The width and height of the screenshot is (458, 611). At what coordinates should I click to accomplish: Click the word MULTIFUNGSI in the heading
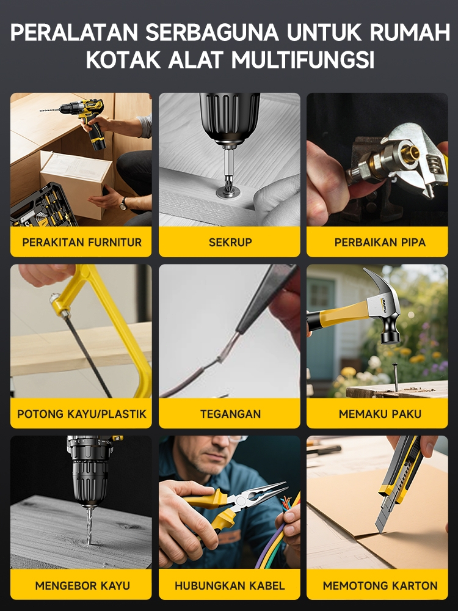point(303,60)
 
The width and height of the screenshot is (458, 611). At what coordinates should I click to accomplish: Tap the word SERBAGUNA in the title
point(213,32)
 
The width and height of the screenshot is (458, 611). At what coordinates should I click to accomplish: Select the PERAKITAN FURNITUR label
point(82,242)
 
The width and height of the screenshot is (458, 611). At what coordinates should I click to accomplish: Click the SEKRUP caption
point(230,242)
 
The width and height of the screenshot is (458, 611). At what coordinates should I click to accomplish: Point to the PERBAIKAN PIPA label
point(380,242)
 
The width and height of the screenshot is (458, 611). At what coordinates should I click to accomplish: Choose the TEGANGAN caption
point(231,414)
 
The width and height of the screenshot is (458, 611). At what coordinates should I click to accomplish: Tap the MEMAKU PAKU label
point(380,414)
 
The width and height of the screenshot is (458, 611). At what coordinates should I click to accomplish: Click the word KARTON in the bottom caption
point(412,585)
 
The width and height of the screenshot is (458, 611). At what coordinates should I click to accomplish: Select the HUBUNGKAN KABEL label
point(230,585)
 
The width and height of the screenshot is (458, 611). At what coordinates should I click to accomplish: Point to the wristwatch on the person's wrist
point(123,203)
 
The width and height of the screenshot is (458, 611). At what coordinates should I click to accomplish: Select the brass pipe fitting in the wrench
point(405,153)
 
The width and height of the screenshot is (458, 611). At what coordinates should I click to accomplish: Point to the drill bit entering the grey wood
point(90,525)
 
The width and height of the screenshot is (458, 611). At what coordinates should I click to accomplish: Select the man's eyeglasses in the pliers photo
point(230,439)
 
